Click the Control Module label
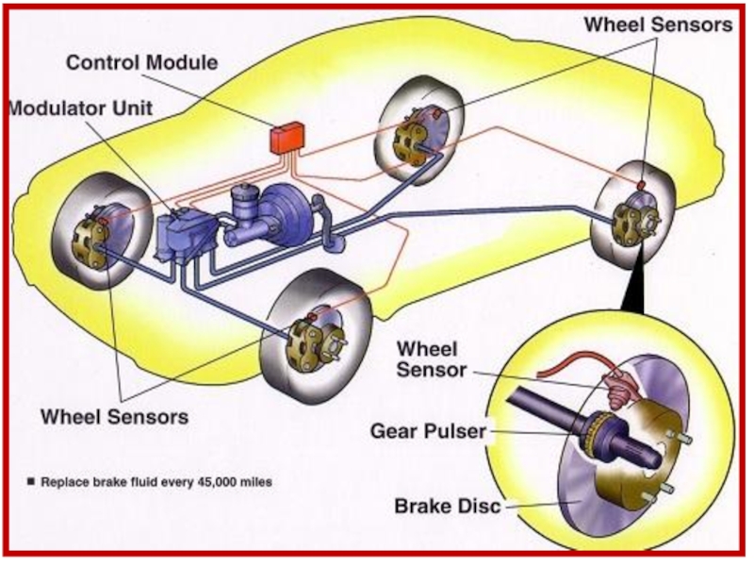[141, 63]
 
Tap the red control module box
[285, 140]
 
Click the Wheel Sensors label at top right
[659, 25]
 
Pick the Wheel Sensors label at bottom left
[114, 415]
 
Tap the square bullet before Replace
[31, 482]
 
